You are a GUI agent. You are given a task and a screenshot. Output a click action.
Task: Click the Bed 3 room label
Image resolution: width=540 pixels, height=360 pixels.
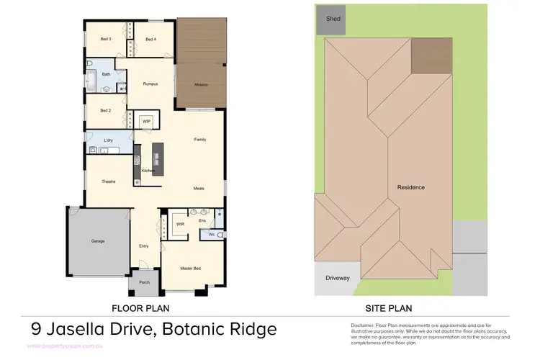point(105,39)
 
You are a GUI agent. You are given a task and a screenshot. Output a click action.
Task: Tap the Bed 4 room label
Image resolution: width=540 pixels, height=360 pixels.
point(150,39)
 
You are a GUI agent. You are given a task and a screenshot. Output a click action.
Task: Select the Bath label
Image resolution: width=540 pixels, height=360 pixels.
point(106,74)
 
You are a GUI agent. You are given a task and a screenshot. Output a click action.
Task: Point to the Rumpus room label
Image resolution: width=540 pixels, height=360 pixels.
point(150,84)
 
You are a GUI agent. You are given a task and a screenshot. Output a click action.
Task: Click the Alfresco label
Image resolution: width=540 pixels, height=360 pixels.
point(202,85)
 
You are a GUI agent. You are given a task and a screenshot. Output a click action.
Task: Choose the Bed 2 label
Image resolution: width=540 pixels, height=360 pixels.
point(105,111)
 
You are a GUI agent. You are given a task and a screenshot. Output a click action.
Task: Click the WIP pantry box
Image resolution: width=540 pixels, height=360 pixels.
point(145,121)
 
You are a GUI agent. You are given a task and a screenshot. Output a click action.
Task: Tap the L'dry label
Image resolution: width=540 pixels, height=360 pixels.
point(109,140)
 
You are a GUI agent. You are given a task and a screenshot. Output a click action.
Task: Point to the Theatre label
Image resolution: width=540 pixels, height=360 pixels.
point(109,181)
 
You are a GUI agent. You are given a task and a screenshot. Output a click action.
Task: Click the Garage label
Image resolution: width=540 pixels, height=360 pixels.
point(98,240)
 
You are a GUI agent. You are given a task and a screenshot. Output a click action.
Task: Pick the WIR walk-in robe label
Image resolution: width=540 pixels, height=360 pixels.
point(180,224)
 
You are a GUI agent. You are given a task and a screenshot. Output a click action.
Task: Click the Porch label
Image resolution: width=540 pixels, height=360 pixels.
point(144,283)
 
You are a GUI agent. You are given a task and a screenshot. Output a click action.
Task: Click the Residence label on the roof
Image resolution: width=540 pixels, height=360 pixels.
point(411,187)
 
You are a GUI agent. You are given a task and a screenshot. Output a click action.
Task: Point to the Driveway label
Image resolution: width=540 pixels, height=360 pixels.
point(338,276)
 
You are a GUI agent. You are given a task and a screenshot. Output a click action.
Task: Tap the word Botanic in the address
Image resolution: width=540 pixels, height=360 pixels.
point(195,330)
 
